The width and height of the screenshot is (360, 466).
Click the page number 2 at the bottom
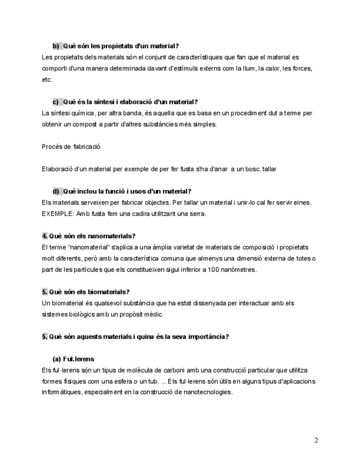point(316,440)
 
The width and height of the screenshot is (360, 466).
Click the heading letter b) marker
point(56,46)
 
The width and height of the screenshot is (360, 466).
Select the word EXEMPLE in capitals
point(57,214)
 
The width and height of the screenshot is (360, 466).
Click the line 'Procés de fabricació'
point(71,147)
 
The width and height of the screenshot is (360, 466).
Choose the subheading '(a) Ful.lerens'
point(73,359)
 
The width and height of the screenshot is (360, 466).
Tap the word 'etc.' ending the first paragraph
point(47,80)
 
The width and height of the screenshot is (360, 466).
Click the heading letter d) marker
point(56,191)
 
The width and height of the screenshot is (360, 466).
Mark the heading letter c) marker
point(56,102)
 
